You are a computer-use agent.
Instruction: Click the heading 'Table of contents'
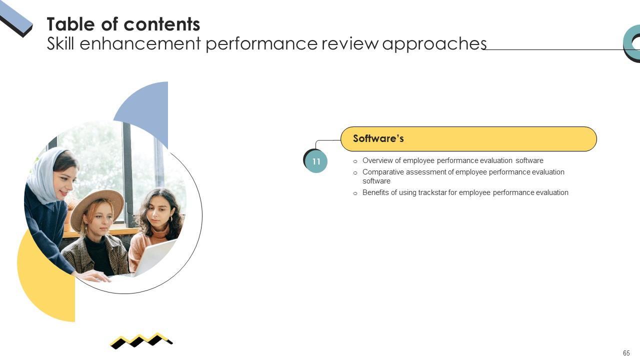point(123,24)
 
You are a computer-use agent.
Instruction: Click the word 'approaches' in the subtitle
point(434,44)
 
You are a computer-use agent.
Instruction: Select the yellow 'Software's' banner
point(468,139)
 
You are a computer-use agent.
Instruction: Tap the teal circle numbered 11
point(316,161)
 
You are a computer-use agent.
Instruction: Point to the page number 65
point(626,353)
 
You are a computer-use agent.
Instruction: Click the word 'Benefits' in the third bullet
point(375,192)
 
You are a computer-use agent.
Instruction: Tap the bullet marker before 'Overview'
point(355,161)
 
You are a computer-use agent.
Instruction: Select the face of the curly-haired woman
point(158,212)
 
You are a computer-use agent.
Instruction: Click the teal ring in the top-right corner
point(630,44)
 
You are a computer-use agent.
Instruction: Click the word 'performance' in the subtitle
point(261,44)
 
